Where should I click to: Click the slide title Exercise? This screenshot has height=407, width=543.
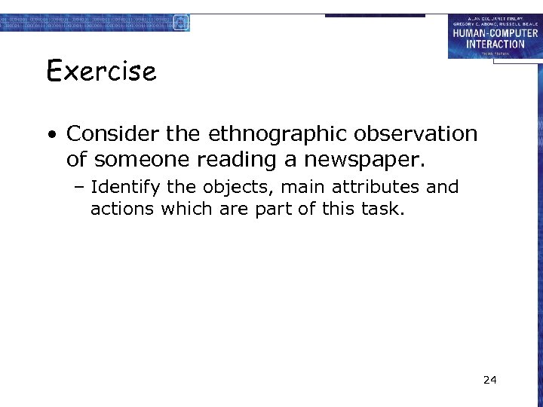coord(101,72)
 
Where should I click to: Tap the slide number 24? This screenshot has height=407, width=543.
coord(490,379)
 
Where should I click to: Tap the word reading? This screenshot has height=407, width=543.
coord(217,160)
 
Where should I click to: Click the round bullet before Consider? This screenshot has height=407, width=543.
coord(51,136)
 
